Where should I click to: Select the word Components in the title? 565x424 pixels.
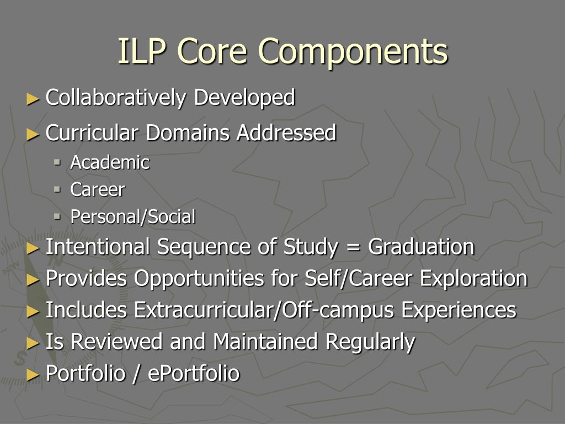click(353, 52)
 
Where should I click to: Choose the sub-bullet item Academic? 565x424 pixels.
click(110, 163)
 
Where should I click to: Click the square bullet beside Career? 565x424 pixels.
click(57, 189)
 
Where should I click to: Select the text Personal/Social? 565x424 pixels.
click(132, 217)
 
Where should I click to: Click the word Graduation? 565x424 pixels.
click(421, 247)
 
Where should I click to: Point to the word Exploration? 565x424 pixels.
click(473, 279)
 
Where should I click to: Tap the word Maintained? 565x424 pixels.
click(265, 342)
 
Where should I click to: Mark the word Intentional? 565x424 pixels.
click(99, 247)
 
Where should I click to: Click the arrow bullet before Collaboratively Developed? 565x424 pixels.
click(33, 99)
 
